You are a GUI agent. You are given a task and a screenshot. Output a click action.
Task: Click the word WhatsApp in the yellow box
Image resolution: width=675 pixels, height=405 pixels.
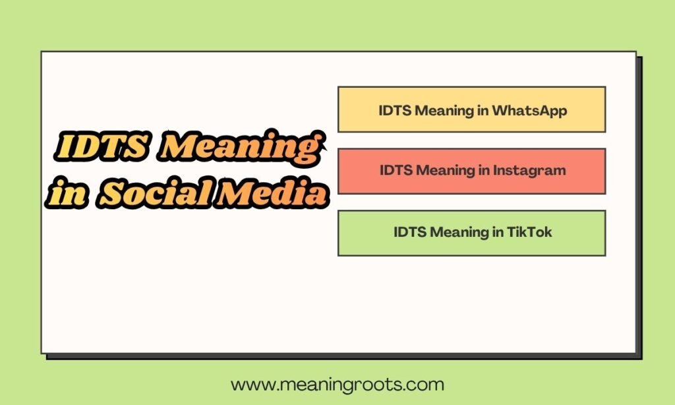click(529, 110)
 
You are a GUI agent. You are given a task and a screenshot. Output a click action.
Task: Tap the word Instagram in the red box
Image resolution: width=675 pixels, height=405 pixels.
click(531, 170)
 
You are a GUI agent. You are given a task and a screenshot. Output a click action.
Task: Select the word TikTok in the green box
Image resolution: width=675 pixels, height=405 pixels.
click(530, 232)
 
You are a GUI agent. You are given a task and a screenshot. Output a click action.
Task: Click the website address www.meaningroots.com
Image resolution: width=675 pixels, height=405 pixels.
click(337, 384)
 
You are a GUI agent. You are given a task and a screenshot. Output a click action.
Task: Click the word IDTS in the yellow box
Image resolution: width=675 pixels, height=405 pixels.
click(395, 110)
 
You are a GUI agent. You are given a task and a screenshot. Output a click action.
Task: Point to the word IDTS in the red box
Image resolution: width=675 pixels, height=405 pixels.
click(396, 170)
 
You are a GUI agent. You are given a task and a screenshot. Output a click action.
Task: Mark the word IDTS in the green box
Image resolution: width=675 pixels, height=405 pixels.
click(410, 232)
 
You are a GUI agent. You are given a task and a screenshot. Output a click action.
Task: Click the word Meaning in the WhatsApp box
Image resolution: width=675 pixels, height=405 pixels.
click(443, 110)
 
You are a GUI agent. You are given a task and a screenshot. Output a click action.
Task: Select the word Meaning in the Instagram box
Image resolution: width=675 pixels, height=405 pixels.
click(444, 170)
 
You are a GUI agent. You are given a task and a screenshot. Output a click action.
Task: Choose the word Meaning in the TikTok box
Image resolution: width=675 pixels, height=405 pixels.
click(458, 232)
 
